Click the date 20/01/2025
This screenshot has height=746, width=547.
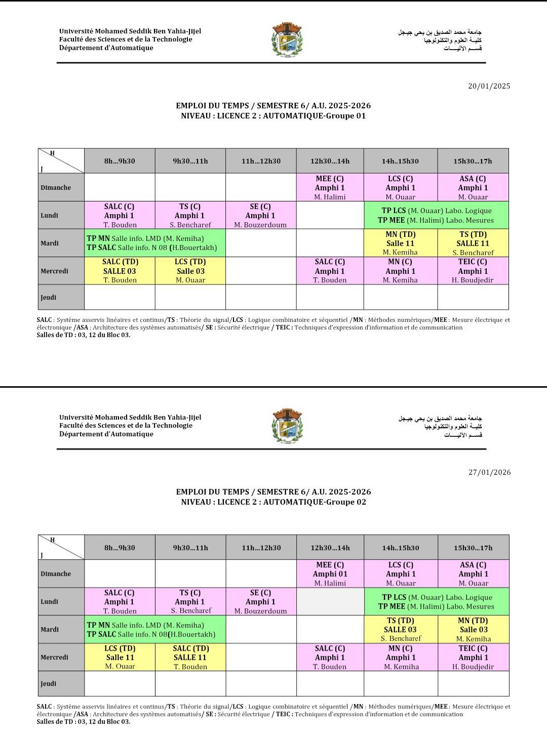coord(489,86)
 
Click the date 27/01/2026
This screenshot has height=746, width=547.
coord(489,472)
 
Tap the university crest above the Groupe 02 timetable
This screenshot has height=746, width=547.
coord(287,426)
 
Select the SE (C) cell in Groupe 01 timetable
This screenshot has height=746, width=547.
coord(260,216)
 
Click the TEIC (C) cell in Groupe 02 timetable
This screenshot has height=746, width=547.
coord(473,657)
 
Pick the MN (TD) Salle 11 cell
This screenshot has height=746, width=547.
coord(400,243)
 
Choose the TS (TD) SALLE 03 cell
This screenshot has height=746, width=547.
coord(400,629)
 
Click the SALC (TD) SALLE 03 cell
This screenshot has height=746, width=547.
coord(120,271)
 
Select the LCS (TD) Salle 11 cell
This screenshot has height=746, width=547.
coord(120,657)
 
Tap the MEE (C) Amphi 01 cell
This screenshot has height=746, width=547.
coord(330,573)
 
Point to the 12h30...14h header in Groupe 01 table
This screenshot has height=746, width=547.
coord(330,161)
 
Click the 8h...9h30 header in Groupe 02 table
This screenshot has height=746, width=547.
coord(120,548)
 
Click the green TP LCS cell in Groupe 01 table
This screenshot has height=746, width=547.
coord(436,216)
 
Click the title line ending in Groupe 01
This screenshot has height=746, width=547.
coord(273,116)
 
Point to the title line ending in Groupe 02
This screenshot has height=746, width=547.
coord(273,502)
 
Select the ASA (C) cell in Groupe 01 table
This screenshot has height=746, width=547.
coord(473,187)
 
